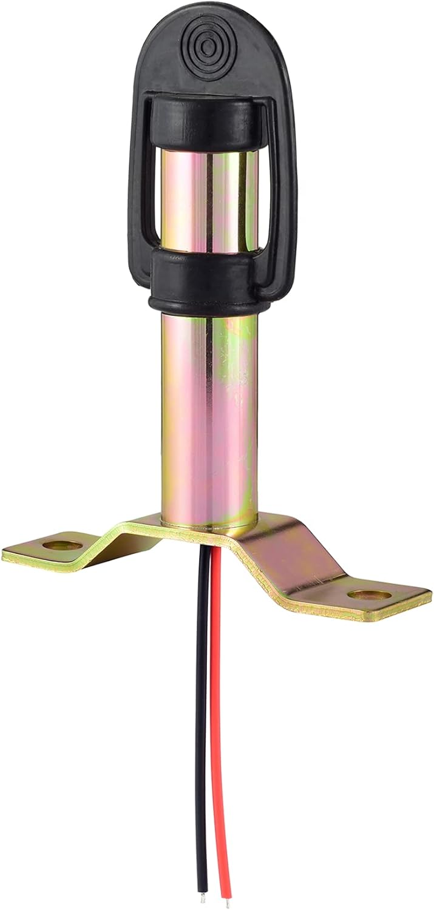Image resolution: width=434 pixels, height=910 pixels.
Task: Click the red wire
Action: click(x=220, y=728)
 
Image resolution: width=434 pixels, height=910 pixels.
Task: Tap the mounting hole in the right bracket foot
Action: click(x=369, y=595)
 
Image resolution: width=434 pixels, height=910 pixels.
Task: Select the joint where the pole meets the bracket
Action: click(x=209, y=523)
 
